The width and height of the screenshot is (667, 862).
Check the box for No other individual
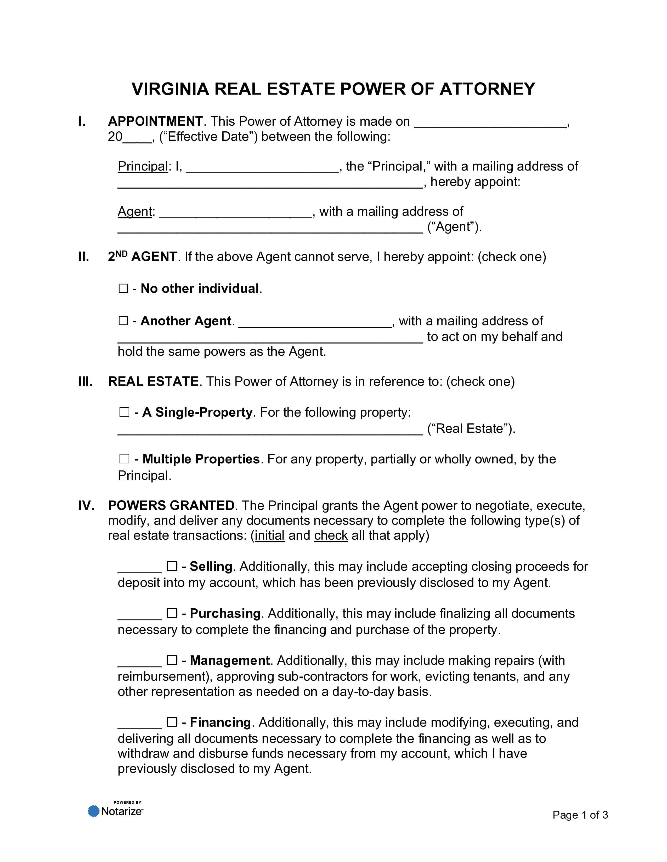coord(123,289)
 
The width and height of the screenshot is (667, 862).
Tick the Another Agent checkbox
coord(123,321)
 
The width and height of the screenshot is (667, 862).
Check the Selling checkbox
coord(172,566)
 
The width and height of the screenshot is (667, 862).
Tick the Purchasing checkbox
coord(172,613)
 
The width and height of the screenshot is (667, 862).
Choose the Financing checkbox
coord(172,722)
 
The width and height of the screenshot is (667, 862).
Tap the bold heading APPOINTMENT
coord(155,121)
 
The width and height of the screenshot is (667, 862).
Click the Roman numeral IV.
coord(86,506)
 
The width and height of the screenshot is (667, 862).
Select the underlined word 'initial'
coord(269,535)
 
